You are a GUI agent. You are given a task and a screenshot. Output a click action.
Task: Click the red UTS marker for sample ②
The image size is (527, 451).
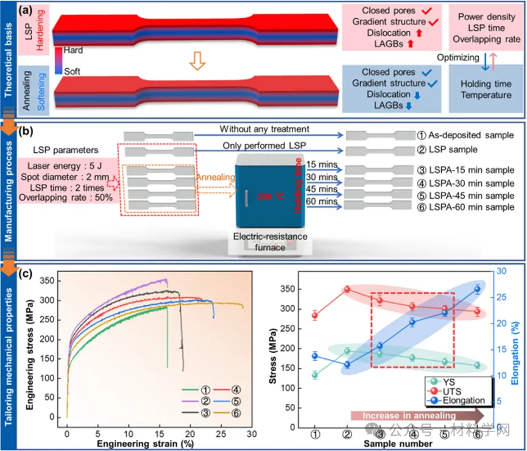click(347, 289)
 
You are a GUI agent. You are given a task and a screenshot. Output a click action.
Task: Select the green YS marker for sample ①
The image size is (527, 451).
click(315, 375)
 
